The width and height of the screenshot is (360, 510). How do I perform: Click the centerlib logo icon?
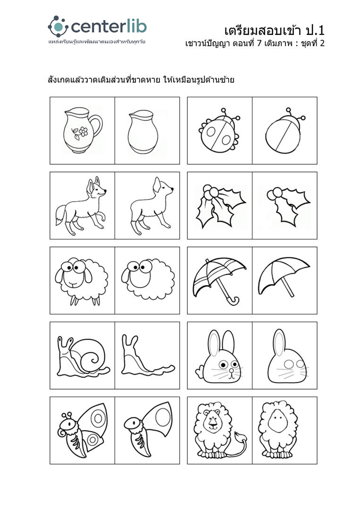(58, 26)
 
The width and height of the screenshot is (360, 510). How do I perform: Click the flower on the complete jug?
(84, 131)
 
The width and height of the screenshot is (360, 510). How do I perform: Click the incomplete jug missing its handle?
(143, 132)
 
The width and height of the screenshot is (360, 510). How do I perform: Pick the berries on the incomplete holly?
(275, 194)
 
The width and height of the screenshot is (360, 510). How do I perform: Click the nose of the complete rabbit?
(231, 370)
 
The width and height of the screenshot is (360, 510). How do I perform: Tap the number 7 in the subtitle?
(259, 43)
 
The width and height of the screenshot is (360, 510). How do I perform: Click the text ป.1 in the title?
(315, 31)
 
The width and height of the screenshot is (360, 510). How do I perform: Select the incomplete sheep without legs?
(148, 279)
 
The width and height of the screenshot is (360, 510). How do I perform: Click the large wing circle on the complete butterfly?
(98, 418)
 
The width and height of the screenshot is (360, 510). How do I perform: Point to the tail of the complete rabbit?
(200, 372)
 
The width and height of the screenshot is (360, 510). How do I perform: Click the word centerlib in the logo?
(109, 26)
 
